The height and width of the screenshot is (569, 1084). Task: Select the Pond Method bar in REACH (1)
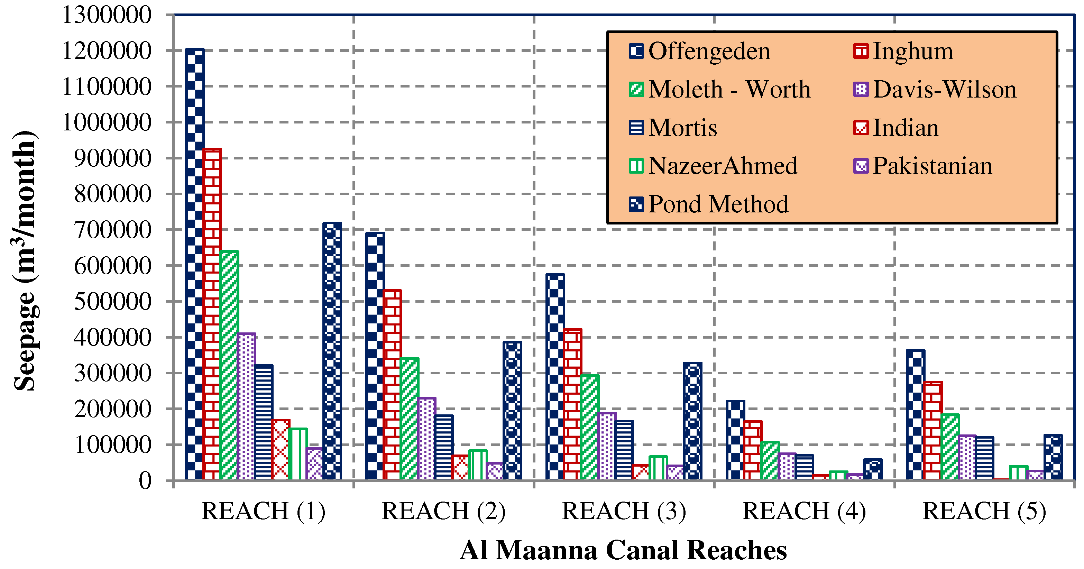coord(332,351)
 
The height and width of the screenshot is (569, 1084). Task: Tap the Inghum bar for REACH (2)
coord(392,385)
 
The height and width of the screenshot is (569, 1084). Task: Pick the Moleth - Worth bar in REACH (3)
coord(589,427)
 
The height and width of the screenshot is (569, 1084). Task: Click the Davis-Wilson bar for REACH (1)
coord(246,406)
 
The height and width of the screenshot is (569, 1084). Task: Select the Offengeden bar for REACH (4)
coord(735,440)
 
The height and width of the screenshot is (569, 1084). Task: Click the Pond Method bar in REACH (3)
coord(693,421)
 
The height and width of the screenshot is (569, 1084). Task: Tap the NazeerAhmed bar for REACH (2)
coord(478,465)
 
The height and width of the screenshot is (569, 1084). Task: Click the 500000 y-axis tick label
coord(112,301)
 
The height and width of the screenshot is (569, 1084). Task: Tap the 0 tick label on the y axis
coord(145,480)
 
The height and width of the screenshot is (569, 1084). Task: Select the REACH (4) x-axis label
coord(804,511)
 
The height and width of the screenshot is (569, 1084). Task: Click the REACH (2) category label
coord(443,511)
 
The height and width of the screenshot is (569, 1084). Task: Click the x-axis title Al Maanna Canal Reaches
coord(623,550)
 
